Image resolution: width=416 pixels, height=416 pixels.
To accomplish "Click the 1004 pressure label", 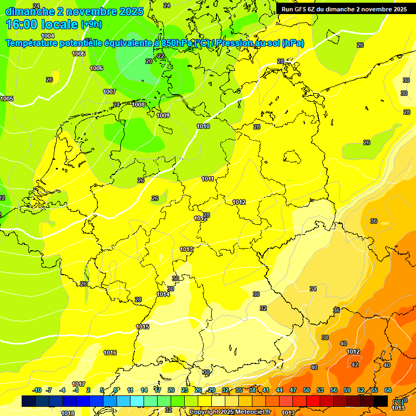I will click(x=48, y=35).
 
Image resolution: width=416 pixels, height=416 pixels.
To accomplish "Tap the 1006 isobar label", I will click(x=96, y=68).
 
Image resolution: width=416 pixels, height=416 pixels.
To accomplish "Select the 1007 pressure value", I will click(x=109, y=92).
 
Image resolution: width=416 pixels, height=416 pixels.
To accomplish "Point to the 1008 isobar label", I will click(x=139, y=105).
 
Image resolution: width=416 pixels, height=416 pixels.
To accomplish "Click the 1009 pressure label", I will click(x=163, y=115).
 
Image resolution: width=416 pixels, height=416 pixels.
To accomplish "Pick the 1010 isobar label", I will click(x=203, y=126).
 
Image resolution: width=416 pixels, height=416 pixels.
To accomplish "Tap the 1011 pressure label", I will click(x=207, y=179).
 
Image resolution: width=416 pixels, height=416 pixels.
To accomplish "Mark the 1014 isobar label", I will click(x=163, y=294).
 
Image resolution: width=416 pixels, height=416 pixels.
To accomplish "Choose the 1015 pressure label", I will click(x=142, y=327).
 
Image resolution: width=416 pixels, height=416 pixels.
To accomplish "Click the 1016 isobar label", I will click(x=110, y=353).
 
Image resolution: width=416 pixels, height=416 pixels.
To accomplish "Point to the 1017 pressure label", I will click(x=79, y=384).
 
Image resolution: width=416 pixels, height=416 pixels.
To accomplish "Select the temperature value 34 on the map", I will click(x=313, y=289).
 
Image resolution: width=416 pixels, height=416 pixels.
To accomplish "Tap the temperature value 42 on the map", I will click(x=355, y=365).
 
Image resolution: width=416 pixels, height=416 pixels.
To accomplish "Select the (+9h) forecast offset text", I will click(x=91, y=24).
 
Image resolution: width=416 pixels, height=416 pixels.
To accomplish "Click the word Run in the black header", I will click(x=288, y=9).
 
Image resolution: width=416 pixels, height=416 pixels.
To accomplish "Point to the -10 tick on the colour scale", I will click(x=37, y=390).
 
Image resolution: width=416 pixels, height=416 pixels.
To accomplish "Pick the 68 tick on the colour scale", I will click(x=388, y=390).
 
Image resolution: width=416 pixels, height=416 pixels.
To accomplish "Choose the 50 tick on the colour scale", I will click(x=307, y=390).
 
